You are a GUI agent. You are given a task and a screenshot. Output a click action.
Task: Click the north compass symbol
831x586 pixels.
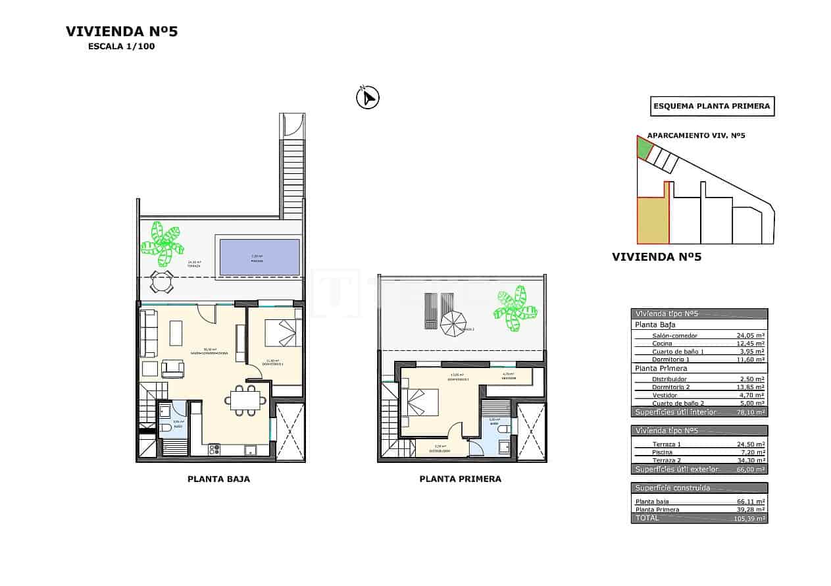click(368, 98)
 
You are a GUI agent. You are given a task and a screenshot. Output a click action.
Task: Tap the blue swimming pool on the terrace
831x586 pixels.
click(259, 257)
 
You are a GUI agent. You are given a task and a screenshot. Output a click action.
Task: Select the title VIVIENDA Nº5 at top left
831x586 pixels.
click(122, 31)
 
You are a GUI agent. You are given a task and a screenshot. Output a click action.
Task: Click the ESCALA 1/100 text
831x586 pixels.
click(122, 47)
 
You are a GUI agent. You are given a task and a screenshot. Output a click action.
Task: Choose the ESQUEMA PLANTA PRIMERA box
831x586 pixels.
click(712, 106)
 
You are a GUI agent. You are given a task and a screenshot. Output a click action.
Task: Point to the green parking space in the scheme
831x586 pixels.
click(643, 148)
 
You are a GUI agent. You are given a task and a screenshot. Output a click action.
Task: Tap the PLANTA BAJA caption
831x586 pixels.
click(218, 479)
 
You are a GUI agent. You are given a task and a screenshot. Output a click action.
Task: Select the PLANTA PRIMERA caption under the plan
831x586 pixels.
click(460, 479)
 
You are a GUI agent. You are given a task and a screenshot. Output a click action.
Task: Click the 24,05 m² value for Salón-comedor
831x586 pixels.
click(750, 335)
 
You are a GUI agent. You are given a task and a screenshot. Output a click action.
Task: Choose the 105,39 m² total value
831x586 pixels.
click(749, 519)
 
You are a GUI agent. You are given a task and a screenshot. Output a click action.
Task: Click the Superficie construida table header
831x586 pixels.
click(672, 488)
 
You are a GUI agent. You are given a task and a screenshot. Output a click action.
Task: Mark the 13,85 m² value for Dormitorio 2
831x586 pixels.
click(750, 387)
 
